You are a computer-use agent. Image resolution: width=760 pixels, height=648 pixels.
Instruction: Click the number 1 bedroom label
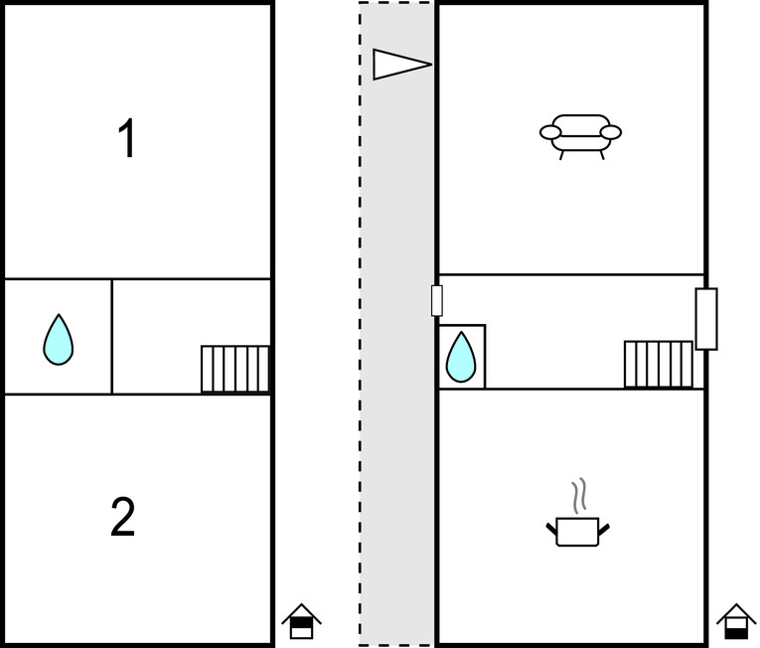coord(127,138)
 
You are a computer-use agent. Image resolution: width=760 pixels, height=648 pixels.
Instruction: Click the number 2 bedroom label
coord(122,517)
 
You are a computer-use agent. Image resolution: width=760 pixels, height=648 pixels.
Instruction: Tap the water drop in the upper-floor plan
coord(59,340)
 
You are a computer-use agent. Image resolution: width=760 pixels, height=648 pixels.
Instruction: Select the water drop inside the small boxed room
coord(460,357)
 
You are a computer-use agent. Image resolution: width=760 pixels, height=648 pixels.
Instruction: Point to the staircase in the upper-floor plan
coord(235,369)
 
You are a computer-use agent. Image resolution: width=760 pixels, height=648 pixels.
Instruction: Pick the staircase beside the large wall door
coord(659,365)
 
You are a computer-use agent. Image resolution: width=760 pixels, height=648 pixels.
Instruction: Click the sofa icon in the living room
coord(580,137)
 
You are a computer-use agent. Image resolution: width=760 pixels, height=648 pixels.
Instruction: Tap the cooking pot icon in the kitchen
coord(578,532)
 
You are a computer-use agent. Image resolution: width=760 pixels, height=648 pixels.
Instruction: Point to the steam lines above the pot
coord(579,496)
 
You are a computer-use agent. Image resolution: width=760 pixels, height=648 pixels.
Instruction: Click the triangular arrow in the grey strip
coord(401,64)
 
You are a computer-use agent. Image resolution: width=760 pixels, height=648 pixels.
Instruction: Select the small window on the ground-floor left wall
coord(437,301)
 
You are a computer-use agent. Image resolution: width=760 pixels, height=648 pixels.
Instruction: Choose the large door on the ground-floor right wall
coord(706,319)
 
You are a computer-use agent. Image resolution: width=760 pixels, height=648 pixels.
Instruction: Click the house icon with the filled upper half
coord(301,621)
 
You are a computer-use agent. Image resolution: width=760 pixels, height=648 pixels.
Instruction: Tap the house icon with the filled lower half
coord(736,621)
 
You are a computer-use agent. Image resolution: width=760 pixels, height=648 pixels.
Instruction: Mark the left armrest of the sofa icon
coord(550,132)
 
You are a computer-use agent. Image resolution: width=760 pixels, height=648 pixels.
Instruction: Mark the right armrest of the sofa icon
coord(611,132)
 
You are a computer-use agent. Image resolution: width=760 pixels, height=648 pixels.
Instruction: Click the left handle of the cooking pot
coord(552,529)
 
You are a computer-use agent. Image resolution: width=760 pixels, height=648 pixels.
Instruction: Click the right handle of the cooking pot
coord(604,529)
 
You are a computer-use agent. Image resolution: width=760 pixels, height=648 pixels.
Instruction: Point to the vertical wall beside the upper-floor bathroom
coord(112,337)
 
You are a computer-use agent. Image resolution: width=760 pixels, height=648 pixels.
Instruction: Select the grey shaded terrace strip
coord(396,324)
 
